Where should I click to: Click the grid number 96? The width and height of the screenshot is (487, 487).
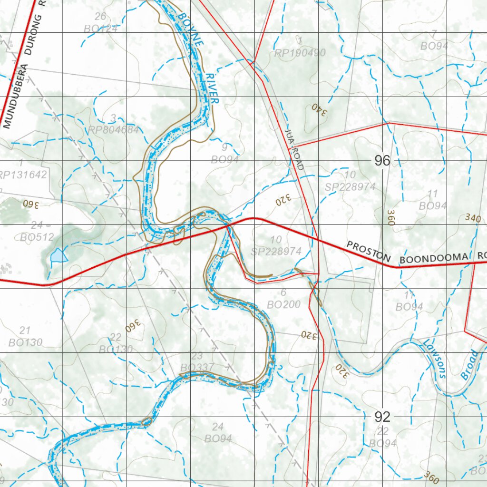(x=382, y=161)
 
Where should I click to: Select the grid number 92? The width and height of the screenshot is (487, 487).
(x=382, y=417)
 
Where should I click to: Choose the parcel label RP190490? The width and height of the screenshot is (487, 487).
(x=300, y=53)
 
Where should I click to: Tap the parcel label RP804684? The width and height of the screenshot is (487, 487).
(x=113, y=130)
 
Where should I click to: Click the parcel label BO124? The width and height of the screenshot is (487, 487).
(x=101, y=29)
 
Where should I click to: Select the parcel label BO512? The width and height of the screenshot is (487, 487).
(x=37, y=236)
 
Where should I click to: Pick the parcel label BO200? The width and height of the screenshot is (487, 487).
(x=283, y=304)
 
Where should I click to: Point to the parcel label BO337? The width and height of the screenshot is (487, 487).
(x=197, y=368)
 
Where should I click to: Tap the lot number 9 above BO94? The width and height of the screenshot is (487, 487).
(x=224, y=147)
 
